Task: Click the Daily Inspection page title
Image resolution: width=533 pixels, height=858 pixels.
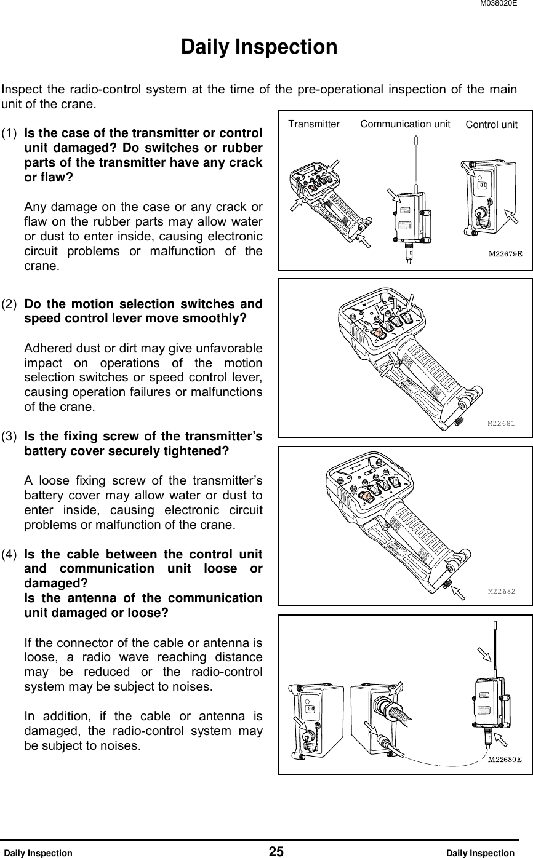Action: (x=259, y=47)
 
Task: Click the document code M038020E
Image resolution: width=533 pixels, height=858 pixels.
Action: (x=507, y=4)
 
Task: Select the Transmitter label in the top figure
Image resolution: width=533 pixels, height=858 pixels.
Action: (x=314, y=124)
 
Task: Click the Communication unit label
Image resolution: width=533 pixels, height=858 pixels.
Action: (x=406, y=124)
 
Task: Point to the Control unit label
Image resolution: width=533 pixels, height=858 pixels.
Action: (x=491, y=125)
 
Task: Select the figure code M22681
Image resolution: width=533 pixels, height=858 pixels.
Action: (x=501, y=423)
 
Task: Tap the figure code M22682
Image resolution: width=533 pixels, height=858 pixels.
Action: (x=501, y=592)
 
